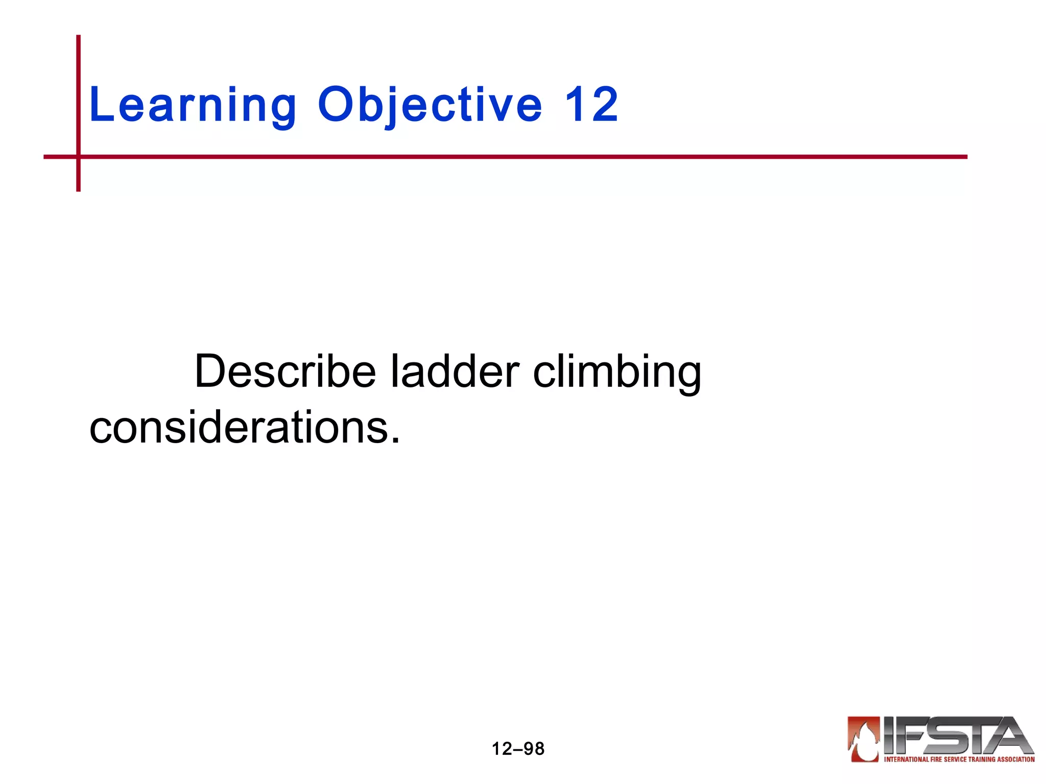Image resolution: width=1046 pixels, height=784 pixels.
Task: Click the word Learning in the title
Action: [193, 106]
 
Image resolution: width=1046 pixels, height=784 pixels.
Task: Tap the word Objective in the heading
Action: [430, 106]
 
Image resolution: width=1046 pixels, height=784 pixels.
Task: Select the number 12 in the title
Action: [591, 105]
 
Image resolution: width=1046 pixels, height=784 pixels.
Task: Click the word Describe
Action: [285, 372]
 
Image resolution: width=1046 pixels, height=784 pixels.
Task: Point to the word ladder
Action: [455, 372]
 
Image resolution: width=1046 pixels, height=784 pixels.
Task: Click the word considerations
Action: [238, 428]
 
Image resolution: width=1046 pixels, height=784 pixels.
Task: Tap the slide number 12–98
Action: [518, 749]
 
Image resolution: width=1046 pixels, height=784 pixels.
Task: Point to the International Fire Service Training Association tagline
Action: [959, 759]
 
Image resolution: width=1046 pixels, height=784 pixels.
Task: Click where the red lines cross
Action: [79, 157]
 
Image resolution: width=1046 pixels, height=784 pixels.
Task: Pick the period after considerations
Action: [395, 440]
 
